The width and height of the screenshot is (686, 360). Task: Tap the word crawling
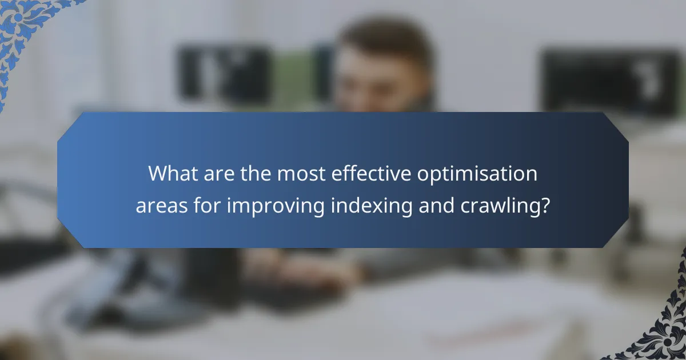506,206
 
